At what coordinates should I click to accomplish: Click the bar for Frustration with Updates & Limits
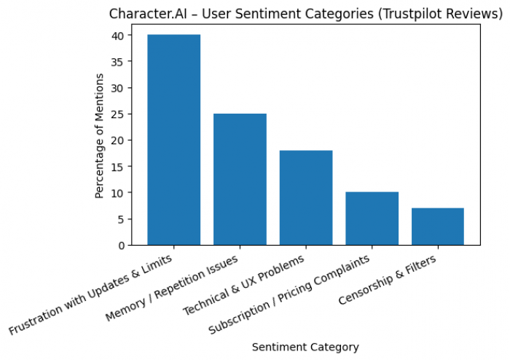point(173,140)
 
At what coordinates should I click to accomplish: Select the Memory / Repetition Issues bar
point(240,179)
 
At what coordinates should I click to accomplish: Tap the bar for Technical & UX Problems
point(306,197)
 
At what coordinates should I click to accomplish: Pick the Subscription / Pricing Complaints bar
point(372,219)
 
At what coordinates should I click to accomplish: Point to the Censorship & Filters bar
point(438,227)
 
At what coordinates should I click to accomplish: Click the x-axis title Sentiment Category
point(305,347)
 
